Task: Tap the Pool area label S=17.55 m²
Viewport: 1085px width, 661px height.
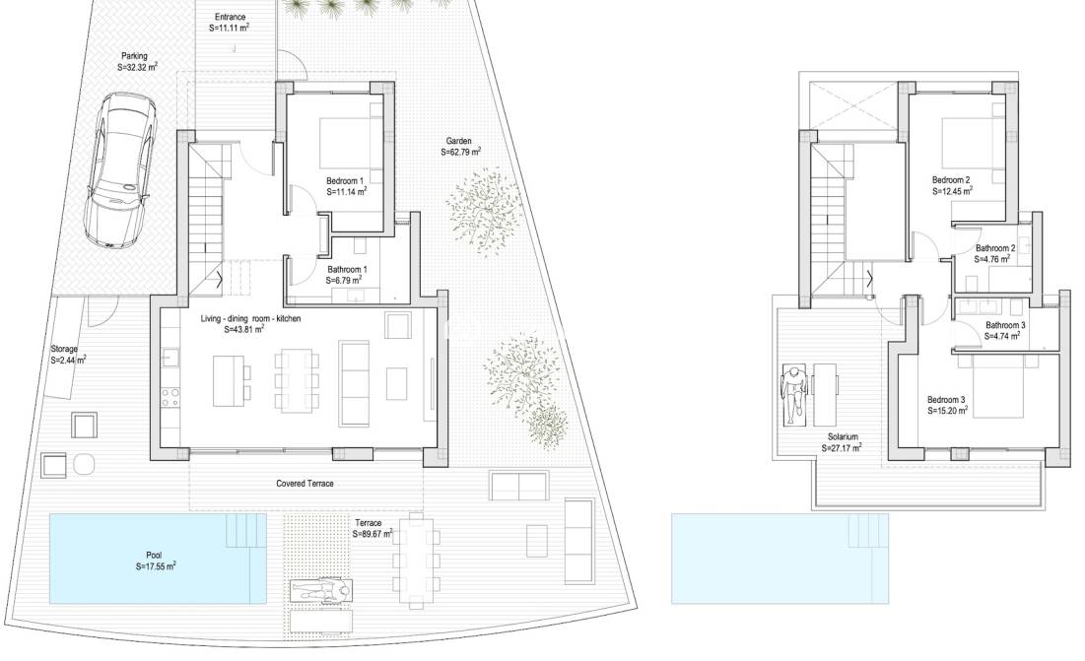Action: pyautogui.click(x=156, y=566)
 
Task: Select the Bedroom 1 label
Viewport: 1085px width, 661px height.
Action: pyautogui.click(x=345, y=180)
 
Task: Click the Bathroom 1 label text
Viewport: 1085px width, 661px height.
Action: pyautogui.click(x=346, y=269)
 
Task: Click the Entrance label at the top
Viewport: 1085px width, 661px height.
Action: pyautogui.click(x=230, y=18)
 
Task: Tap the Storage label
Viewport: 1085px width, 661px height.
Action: pyautogui.click(x=66, y=349)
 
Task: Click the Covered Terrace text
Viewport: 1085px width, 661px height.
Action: pyautogui.click(x=305, y=484)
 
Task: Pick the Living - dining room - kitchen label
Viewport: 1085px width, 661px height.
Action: pyautogui.click(x=250, y=319)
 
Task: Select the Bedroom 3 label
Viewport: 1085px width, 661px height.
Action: pyautogui.click(x=947, y=399)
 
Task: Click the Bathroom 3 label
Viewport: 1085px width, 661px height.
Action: pyautogui.click(x=1006, y=325)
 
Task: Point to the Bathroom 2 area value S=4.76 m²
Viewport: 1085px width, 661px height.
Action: pyautogui.click(x=995, y=260)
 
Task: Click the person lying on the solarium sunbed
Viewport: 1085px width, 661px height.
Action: pyautogui.click(x=794, y=392)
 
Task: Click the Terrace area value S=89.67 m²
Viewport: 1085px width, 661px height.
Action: pyautogui.click(x=373, y=534)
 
